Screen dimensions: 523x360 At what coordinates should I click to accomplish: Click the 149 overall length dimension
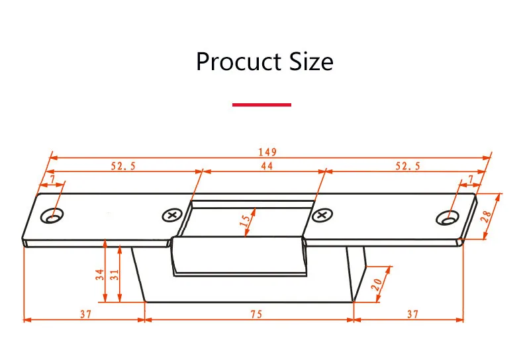[x=267, y=152]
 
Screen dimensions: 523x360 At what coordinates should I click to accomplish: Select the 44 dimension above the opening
[x=267, y=165]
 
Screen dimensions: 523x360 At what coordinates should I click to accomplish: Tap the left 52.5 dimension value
[x=123, y=165]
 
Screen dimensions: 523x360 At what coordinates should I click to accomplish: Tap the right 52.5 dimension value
[x=408, y=165]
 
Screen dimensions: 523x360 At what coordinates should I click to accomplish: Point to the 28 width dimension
[x=487, y=216]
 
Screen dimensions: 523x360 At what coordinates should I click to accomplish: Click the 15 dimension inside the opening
[x=245, y=220]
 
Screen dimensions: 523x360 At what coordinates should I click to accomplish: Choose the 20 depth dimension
[x=377, y=285]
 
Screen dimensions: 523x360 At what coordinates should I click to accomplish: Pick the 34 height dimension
[x=100, y=275]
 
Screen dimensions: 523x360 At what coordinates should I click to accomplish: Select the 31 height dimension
[x=114, y=275]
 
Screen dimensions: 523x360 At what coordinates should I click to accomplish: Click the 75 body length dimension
[x=256, y=314]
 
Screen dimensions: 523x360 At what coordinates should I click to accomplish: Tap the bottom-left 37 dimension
[x=85, y=314]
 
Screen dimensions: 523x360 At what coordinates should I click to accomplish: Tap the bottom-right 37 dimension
[x=412, y=314]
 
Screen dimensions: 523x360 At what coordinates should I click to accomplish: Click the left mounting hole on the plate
[x=52, y=216]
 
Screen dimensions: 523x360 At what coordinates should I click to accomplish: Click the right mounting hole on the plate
[x=448, y=218]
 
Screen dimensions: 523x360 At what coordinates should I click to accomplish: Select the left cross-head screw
[x=172, y=215]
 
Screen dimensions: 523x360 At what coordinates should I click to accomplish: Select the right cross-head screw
[x=322, y=215]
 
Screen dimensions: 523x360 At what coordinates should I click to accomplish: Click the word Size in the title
[x=311, y=62]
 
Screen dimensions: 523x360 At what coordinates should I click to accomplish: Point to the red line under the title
[x=262, y=105]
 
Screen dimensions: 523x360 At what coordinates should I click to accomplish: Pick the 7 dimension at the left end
[x=52, y=180]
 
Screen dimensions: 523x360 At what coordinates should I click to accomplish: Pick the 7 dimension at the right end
[x=471, y=179]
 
